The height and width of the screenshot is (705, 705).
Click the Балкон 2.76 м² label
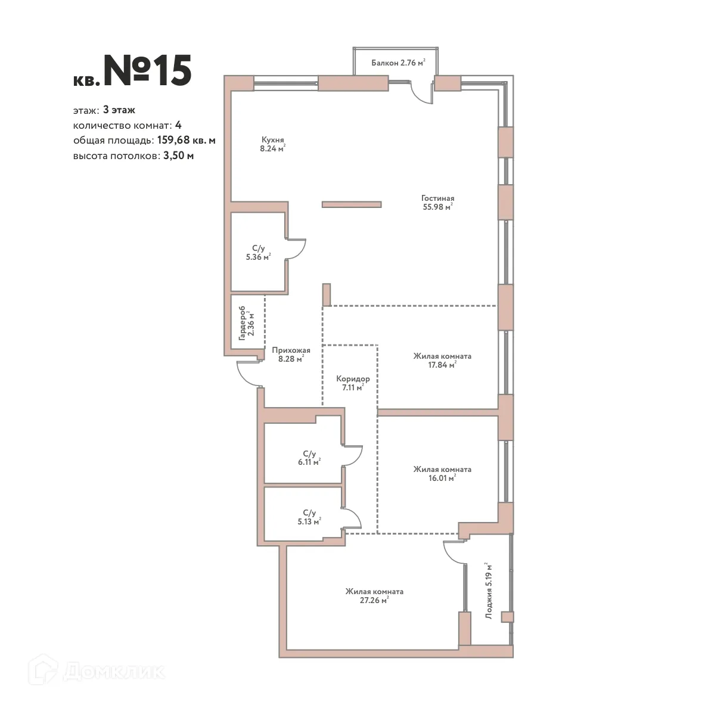(397, 63)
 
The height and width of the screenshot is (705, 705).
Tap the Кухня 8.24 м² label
(272, 144)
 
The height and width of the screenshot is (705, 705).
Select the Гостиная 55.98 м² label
(437, 203)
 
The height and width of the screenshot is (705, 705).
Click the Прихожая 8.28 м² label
(290, 355)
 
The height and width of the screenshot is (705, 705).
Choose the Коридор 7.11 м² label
(352, 383)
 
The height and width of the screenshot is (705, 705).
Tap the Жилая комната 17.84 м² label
(442, 361)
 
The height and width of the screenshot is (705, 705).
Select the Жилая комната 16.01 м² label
(442, 473)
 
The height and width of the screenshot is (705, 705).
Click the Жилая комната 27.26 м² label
(374, 596)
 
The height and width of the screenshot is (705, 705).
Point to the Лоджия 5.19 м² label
(489, 591)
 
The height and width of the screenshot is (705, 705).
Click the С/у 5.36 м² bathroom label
(258, 253)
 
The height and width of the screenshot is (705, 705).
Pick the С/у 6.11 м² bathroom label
(309, 457)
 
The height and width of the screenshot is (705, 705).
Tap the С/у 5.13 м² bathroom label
(309, 516)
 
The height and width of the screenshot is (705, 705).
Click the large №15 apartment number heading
(147, 71)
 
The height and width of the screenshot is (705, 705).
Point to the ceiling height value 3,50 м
(178, 156)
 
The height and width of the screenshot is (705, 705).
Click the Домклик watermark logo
(98, 671)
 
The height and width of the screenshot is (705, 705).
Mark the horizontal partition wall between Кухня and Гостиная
(351, 204)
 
